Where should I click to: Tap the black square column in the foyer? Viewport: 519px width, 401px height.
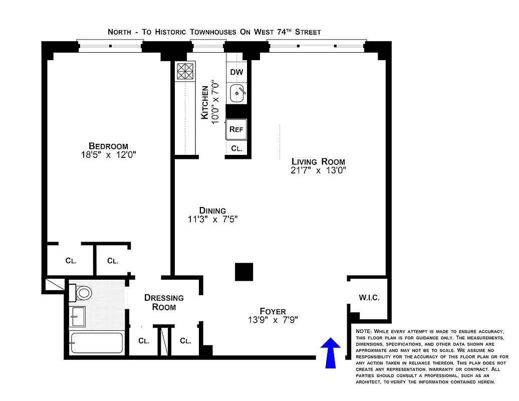[x=244, y=272]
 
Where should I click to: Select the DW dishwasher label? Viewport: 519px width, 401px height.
[x=236, y=72]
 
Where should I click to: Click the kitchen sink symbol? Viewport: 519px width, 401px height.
[x=237, y=92]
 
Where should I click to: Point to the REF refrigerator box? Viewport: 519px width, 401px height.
[x=236, y=129]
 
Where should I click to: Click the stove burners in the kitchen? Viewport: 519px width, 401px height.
[x=185, y=71]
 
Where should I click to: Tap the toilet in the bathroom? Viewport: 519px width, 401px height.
[x=83, y=292]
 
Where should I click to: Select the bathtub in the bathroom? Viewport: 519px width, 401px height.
[x=96, y=343]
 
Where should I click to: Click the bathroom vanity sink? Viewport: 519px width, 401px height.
[x=78, y=316]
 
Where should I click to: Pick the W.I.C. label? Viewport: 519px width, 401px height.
[x=369, y=298]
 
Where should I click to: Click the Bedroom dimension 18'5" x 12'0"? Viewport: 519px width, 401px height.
[x=108, y=155]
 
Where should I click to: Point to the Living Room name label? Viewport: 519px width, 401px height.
[x=318, y=161]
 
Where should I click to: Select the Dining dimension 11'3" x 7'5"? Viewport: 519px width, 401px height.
[x=212, y=219]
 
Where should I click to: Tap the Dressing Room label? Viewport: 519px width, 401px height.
[x=164, y=302]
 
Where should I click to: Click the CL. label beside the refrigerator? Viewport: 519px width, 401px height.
[x=236, y=149]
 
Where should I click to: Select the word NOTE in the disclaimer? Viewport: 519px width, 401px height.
[x=363, y=332]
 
